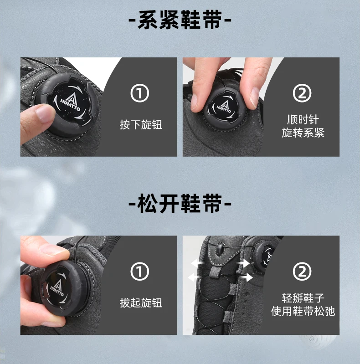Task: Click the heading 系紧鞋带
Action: click(180, 20)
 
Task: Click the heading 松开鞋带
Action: click(180, 203)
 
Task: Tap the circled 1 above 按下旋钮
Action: click(139, 93)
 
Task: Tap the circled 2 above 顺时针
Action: click(302, 93)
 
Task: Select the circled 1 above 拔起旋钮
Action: click(139, 271)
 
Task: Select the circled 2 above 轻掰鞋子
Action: click(302, 271)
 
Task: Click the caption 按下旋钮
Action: click(141, 125)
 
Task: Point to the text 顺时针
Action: click(303, 119)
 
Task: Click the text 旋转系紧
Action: click(303, 133)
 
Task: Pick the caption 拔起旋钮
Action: click(141, 302)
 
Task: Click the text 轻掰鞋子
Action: click(303, 298)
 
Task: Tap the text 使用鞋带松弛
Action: click(303, 311)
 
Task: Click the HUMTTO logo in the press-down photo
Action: click(70, 102)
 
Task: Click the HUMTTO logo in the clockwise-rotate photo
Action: click(224, 106)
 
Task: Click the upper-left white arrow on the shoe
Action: click(198, 263)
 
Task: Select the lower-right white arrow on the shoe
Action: click(246, 277)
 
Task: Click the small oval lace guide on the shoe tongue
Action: click(220, 249)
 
